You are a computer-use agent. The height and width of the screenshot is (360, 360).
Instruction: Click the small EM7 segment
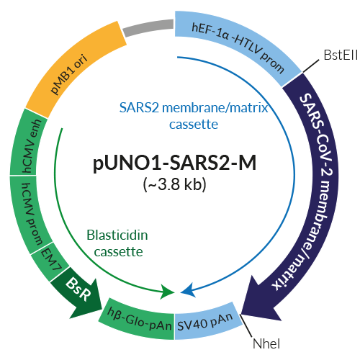click(x=45, y=256)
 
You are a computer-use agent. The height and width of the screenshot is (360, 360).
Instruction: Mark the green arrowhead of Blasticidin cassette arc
click(x=168, y=290)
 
